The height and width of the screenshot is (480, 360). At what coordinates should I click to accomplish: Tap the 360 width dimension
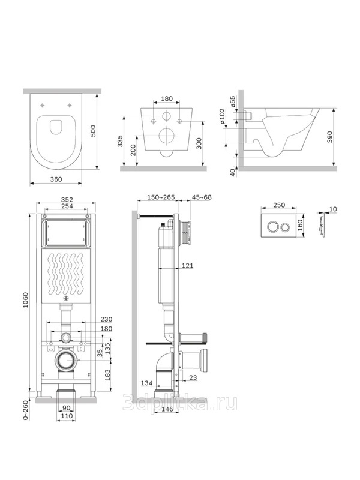click(56, 179)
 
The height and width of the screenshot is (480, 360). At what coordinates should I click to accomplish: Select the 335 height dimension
click(121, 141)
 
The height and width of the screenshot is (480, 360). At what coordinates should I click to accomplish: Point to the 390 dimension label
click(329, 137)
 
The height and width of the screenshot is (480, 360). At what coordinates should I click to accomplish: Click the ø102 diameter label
click(222, 116)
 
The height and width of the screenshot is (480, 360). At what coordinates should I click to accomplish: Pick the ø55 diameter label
click(233, 101)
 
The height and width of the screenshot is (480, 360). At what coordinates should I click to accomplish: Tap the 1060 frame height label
click(25, 301)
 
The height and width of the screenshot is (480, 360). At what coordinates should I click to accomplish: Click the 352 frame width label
click(67, 200)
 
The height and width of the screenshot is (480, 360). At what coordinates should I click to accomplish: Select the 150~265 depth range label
click(161, 197)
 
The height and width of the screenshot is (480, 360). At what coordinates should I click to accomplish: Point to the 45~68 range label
click(202, 197)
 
